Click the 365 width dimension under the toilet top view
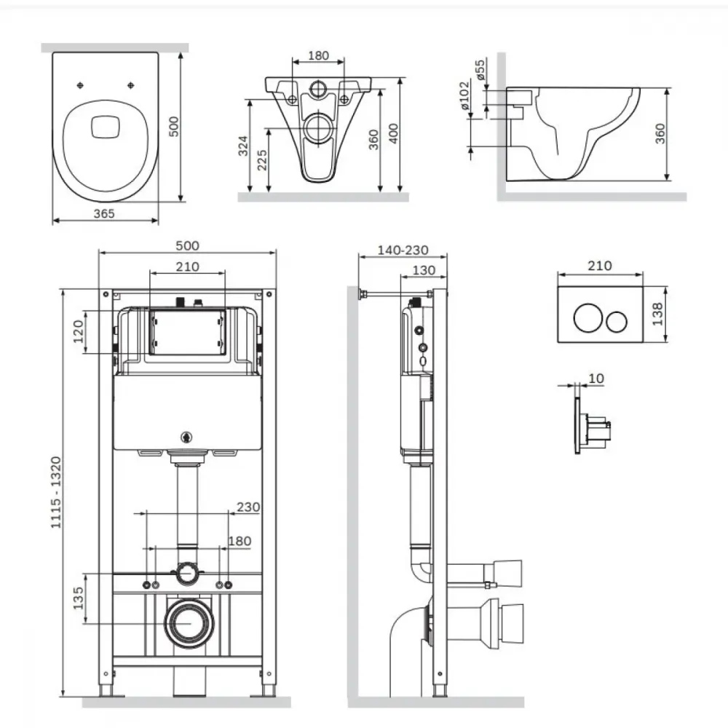[x=104, y=213]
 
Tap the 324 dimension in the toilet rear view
[x=243, y=146]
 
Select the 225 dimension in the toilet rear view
[x=262, y=160]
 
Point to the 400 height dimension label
[x=393, y=133]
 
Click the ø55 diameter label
[x=480, y=68]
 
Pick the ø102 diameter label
[x=464, y=95]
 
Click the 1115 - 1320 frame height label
[x=56, y=492]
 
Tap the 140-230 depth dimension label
[x=403, y=250]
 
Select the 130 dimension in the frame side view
[x=424, y=270]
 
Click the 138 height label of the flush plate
[x=657, y=314]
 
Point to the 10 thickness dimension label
[x=596, y=379]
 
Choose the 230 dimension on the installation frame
[x=248, y=507]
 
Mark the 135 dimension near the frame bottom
[x=78, y=598]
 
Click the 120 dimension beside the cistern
[x=78, y=331]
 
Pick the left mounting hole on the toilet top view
[x=80, y=85]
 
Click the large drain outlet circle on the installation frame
[x=189, y=624]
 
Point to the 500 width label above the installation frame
[x=187, y=245]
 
